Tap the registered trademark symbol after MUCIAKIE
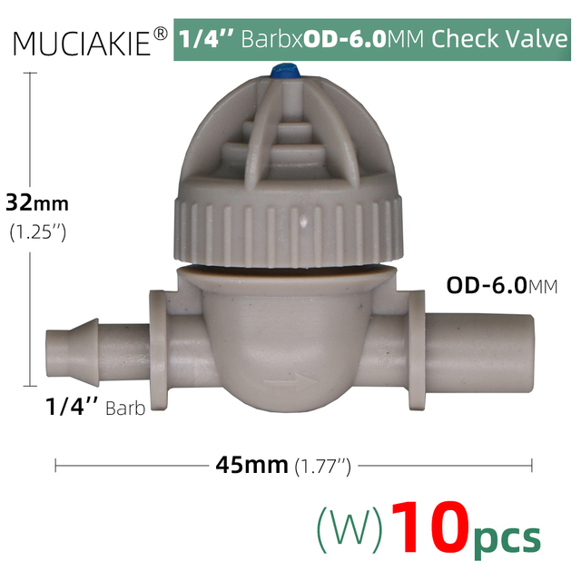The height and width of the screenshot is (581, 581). click(160, 34)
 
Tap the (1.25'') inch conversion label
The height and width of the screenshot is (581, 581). click(36, 232)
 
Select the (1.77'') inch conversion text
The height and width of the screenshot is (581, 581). click(322, 466)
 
